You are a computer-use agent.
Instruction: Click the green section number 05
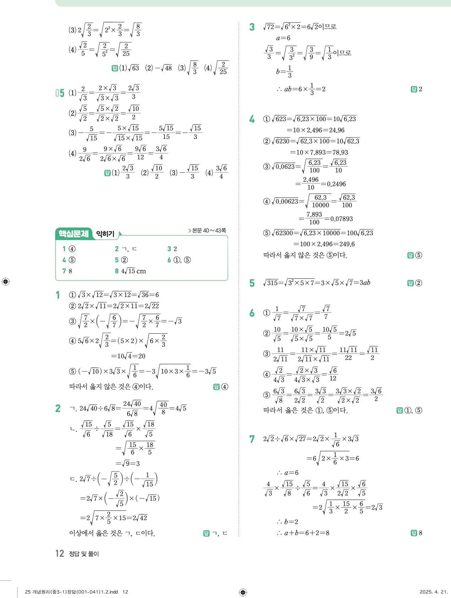pyautogui.click(x=60, y=93)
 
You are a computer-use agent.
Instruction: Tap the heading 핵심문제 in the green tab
pyautogui.click(x=74, y=233)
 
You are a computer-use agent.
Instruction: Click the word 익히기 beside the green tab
pyautogui.click(x=105, y=234)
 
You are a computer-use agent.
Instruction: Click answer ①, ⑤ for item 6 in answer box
pyautogui.click(x=182, y=260)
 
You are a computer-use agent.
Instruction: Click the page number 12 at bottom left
pyautogui.click(x=59, y=554)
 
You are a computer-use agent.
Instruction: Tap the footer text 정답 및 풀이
pyautogui.click(x=84, y=554)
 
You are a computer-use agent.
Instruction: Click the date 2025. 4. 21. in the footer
pyautogui.click(x=434, y=592)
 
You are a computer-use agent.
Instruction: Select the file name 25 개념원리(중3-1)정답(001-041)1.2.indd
pyautogui.click(x=71, y=592)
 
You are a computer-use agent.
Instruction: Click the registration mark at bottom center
pyautogui.click(x=243, y=592)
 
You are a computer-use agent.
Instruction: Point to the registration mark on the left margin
pyautogui.click(x=5, y=282)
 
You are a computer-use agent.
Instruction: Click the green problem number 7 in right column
pyautogui.click(x=252, y=439)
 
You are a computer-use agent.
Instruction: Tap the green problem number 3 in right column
pyautogui.click(x=252, y=27)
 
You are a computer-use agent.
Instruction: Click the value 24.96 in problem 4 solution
pyautogui.click(x=336, y=130)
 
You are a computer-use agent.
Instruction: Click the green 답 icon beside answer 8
pyautogui.click(x=413, y=533)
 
